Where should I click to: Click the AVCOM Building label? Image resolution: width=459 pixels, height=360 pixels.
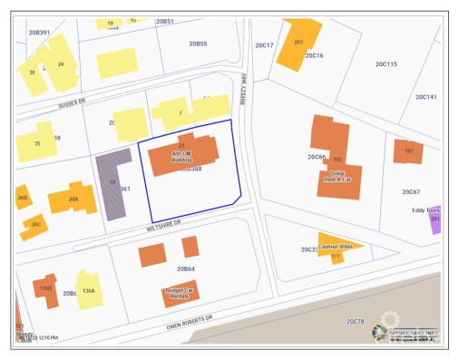[181, 156]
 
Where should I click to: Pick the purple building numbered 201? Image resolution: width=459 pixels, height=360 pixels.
[435, 219]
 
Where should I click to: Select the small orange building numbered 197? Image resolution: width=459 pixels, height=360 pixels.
[408, 151]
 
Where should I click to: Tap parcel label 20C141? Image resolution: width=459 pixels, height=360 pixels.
[425, 96]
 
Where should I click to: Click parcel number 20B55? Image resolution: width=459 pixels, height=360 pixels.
[198, 44]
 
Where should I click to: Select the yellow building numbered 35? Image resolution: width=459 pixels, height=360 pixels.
[37, 143]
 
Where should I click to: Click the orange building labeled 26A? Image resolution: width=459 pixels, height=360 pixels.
[73, 199]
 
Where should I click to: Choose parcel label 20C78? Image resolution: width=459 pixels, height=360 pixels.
[354, 321]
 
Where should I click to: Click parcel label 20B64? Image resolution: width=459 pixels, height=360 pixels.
[186, 268]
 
